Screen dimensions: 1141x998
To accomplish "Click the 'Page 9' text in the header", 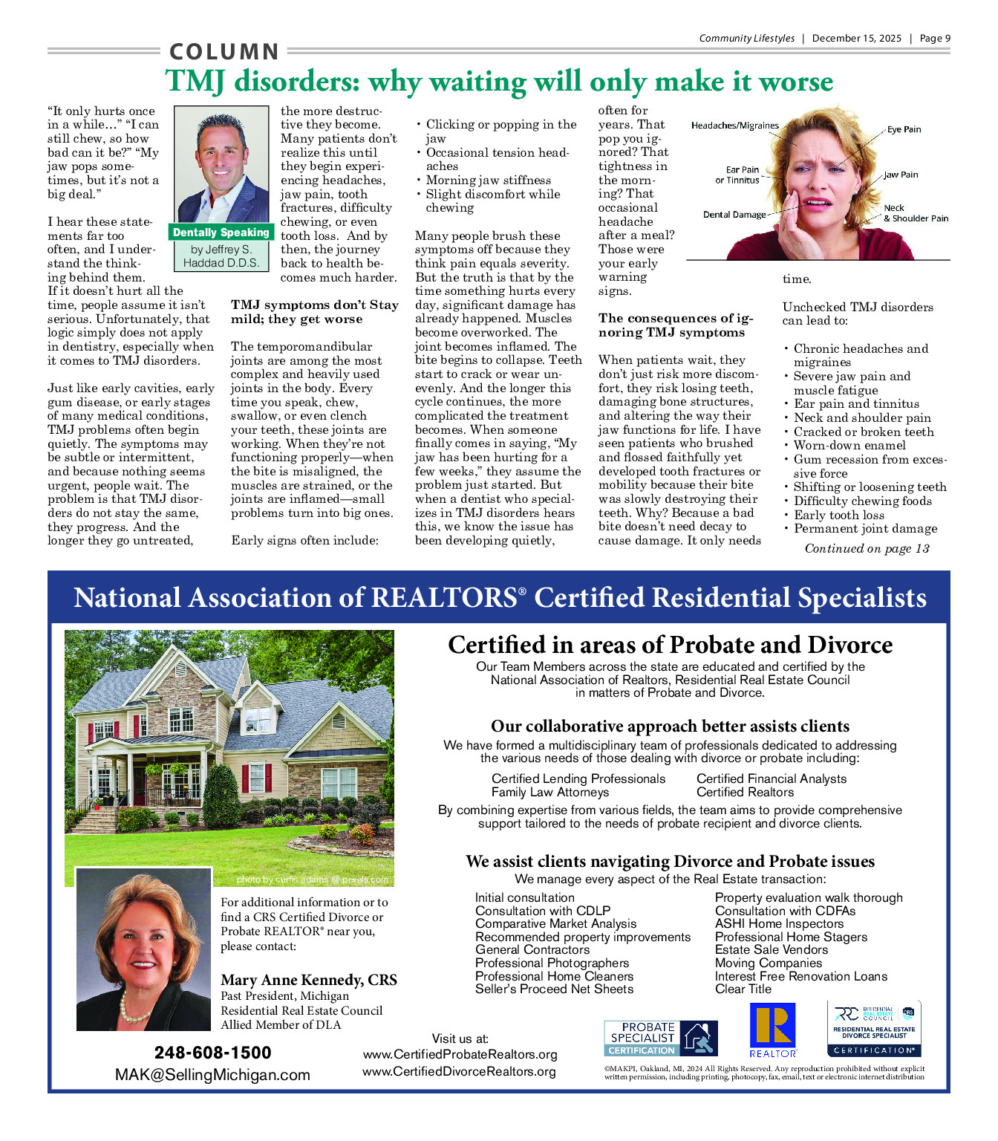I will coord(935,39).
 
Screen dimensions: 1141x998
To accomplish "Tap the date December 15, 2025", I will coord(856,39).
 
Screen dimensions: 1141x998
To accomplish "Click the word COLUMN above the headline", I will coord(224,52).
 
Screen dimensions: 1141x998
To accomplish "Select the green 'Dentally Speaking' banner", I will coord(221,233).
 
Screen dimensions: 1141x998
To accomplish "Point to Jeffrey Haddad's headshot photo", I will coord(221,164).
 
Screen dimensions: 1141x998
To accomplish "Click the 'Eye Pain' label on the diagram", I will coord(904,129).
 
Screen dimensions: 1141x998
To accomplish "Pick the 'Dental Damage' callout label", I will coord(734,215).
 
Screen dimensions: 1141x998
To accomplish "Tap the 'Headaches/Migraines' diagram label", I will coord(734,126).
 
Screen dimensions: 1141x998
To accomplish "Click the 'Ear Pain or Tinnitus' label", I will coord(738,175).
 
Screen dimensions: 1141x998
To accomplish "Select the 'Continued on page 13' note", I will coord(867,549).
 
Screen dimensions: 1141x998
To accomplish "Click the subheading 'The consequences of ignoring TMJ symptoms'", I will coord(675,325).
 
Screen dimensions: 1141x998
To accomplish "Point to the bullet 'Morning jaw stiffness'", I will coord(488,181).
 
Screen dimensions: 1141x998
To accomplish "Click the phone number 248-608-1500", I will coord(212,1053).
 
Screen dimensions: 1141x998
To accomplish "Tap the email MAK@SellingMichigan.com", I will coord(212,1075).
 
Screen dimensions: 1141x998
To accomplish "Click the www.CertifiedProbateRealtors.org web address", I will coord(460,1055).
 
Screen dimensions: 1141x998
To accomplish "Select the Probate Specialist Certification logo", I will coord(660,1038).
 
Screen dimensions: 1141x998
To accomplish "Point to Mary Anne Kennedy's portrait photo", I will coord(143,949).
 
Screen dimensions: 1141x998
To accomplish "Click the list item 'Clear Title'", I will coord(743,989).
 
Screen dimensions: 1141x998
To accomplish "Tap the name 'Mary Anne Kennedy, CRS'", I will coord(308,980).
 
